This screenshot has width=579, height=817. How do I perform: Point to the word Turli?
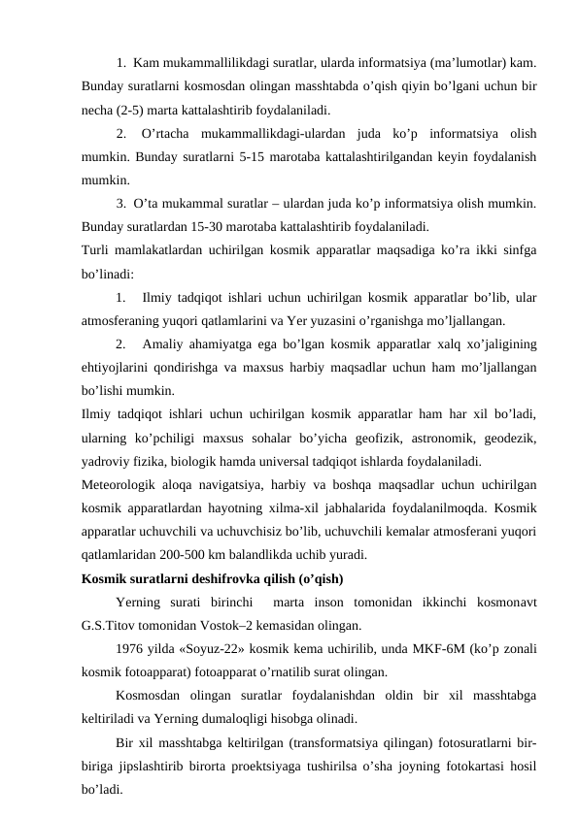98,251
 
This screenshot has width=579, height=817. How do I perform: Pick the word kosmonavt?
502,603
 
